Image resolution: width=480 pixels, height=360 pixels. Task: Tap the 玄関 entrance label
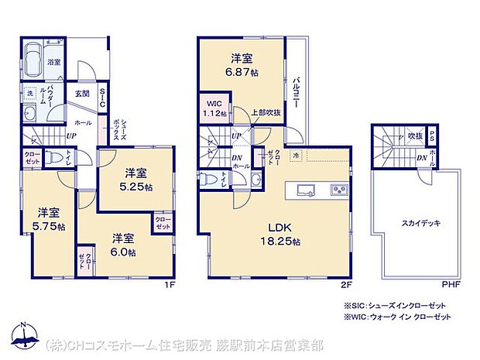click(82, 94)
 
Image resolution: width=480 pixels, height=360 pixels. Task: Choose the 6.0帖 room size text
click(122, 252)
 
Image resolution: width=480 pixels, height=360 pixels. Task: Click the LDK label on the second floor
click(279, 228)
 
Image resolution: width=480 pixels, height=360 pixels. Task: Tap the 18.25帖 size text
click(279, 242)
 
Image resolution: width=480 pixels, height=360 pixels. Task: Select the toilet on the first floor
click(53, 157)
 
